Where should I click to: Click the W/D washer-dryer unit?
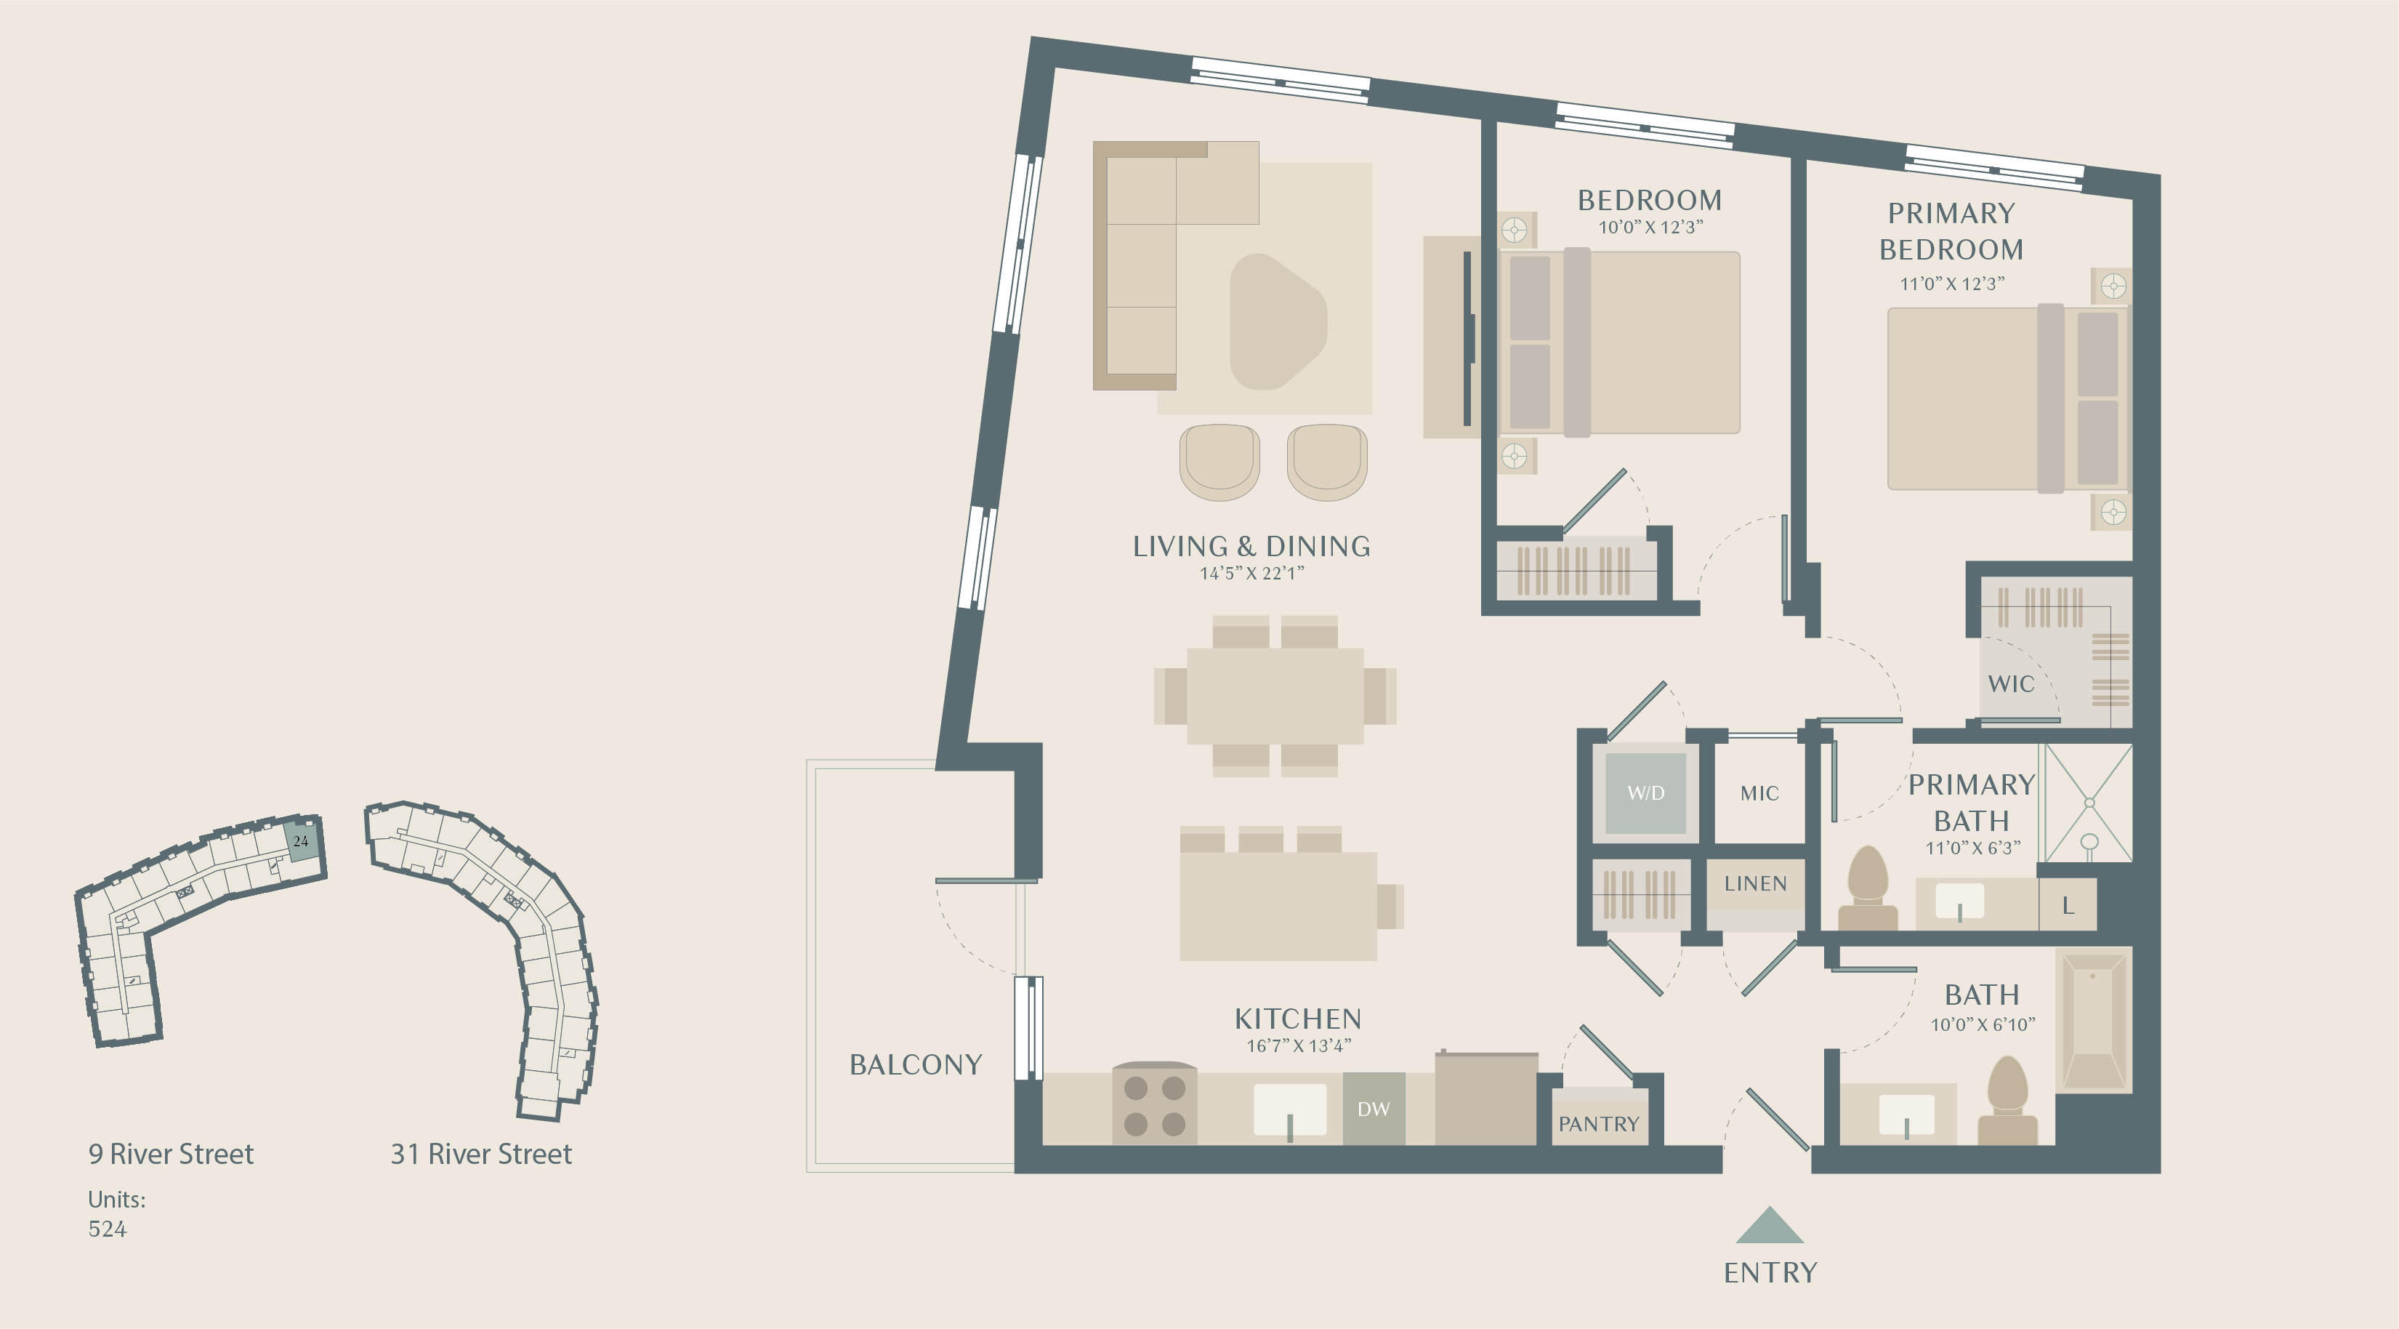(x=1645, y=792)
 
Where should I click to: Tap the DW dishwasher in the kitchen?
(x=1374, y=1108)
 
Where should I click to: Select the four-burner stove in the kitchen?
(x=1155, y=1104)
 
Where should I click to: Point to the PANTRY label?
(x=1599, y=1124)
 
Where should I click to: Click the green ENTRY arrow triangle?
(x=1770, y=1225)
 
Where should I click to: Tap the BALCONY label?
(x=916, y=1064)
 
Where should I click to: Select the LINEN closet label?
(x=1756, y=883)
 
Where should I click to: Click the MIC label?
(x=1759, y=793)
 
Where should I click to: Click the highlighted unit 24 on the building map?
(x=301, y=841)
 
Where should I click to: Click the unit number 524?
(x=107, y=1229)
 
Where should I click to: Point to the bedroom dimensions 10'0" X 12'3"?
(x=1650, y=228)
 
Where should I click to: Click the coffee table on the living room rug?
(x=1278, y=321)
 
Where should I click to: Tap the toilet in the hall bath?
(x=2008, y=1101)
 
